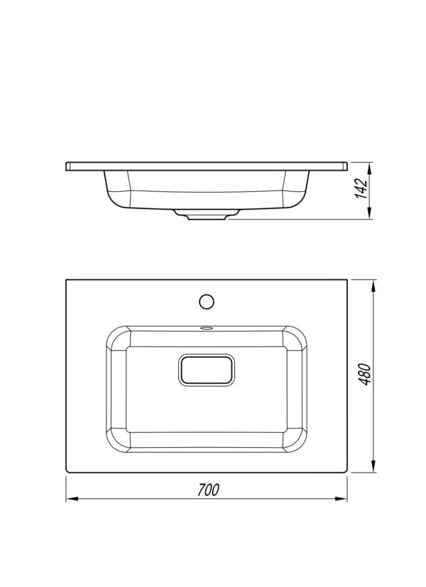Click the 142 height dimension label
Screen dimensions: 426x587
pos(361,189)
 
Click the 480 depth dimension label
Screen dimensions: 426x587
pos(365,374)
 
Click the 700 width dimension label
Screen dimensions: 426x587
pos(209,490)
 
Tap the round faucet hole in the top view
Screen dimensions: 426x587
pos(207,301)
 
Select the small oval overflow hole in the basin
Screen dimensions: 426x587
pos(207,328)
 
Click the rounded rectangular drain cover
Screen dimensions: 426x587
pos(207,370)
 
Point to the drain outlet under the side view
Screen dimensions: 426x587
pos(207,215)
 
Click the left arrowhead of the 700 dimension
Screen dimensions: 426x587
pos(72,499)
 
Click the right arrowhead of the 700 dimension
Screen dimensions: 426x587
pos(342,499)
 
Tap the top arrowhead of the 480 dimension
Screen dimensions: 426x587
pos(373,286)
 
